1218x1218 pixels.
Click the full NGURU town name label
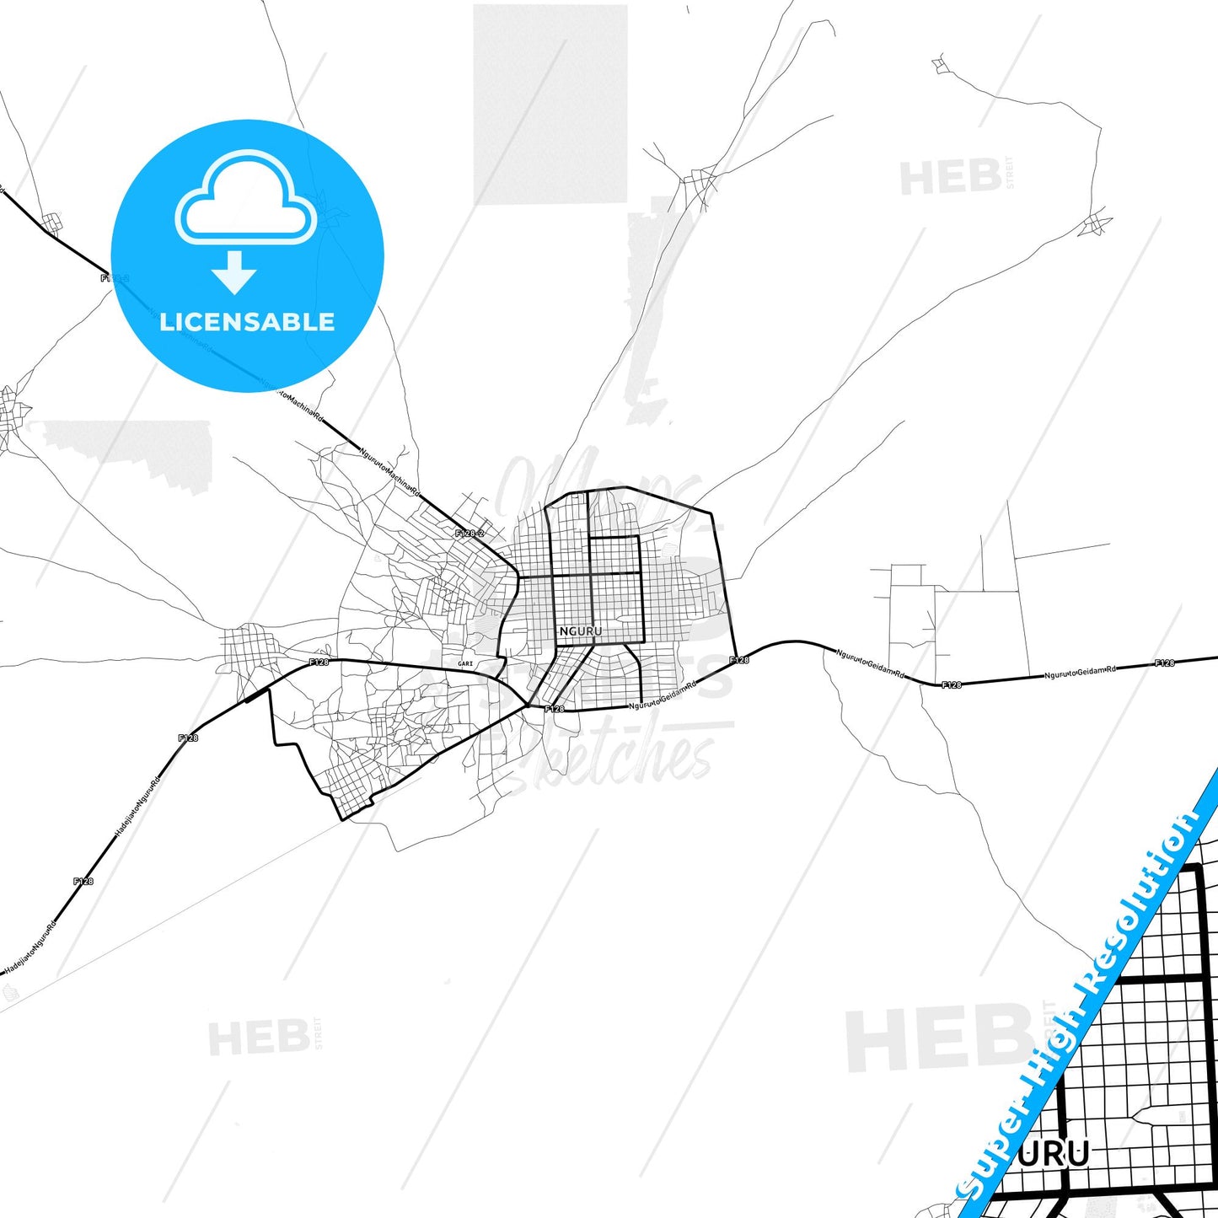coord(581,630)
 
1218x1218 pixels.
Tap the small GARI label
coord(464,664)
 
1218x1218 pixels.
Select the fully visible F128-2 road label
coord(469,533)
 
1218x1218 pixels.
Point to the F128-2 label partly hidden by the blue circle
coord(115,277)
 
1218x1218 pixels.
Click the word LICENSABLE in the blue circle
coord(247,322)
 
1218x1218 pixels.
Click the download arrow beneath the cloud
coord(234,272)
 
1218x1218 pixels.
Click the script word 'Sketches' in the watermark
coord(628,759)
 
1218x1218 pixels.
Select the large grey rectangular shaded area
coord(550,104)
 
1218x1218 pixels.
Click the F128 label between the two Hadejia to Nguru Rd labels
coord(83,882)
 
